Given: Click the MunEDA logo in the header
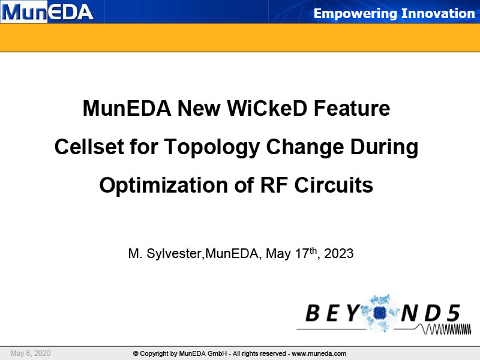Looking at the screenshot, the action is click(x=47, y=11).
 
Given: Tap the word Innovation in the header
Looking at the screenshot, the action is click(x=438, y=13).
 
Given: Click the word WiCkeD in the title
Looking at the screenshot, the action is click(x=266, y=108).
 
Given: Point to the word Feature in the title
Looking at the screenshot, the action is click(x=352, y=108).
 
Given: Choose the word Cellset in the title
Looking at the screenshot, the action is click(x=88, y=146).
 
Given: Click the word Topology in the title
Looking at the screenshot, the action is click(x=212, y=148).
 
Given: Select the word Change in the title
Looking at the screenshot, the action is click(x=305, y=148).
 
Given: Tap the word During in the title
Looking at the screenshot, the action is click(x=384, y=148).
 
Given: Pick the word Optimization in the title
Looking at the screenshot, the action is click(x=163, y=186).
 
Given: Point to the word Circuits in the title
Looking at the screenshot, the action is click(x=334, y=185).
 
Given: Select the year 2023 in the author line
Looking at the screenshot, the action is click(x=339, y=253).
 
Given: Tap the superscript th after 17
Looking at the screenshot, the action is click(x=313, y=250).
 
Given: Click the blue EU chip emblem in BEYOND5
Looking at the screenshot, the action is click(x=380, y=312).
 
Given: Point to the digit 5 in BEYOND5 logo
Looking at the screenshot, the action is click(x=454, y=313).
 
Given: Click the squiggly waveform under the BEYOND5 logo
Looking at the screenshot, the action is click(x=446, y=329).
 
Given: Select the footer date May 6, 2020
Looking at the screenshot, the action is click(x=31, y=353).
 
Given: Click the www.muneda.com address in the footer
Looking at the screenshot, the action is click(x=319, y=353).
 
